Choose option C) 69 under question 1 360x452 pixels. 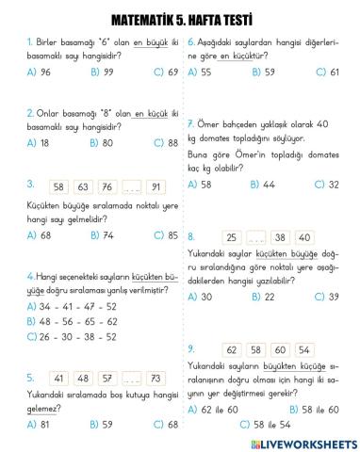point(164,72)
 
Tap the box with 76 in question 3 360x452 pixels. point(106,186)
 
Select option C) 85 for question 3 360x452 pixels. point(164,234)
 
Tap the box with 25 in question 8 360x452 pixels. point(233,237)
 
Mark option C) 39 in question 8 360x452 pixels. point(326,297)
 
